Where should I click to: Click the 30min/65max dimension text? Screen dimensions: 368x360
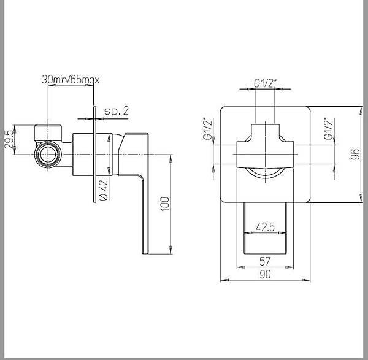point(71,80)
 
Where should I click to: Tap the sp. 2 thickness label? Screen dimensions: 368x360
point(117,111)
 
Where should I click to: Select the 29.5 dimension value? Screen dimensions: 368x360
point(9,139)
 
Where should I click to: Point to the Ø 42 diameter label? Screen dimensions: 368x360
point(104,190)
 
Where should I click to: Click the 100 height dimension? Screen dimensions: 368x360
point(164,204)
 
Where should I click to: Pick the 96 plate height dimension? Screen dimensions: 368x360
point(355,154)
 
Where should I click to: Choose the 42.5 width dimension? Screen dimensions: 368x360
point(265,227)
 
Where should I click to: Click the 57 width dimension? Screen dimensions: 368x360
point(265,261)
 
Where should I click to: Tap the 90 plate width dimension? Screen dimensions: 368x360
point(265,274)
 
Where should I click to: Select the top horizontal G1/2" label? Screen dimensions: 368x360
point(266,83)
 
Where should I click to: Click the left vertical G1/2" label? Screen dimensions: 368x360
point(208,128)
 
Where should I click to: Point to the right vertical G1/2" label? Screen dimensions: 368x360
point(328,128)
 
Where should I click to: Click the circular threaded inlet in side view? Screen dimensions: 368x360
point(48,155)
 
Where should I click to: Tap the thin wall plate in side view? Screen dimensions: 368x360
point(94,154)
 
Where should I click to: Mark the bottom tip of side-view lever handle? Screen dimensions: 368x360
point(145,253)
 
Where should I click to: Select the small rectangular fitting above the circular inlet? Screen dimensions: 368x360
point(48,133)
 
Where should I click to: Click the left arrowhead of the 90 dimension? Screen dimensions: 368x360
point(224,280)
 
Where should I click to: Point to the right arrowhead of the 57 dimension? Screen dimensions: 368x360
point(289,267)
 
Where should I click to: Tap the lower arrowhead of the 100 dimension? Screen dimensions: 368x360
point(171,250)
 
